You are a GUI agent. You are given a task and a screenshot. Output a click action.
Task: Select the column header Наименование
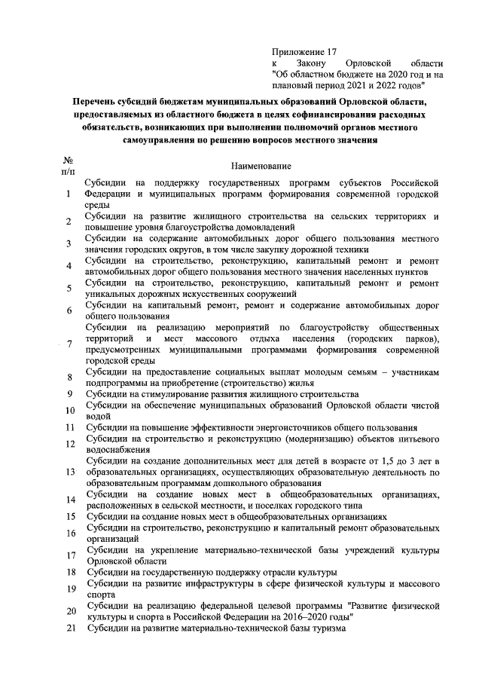262,165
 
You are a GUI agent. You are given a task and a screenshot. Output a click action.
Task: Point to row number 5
69,288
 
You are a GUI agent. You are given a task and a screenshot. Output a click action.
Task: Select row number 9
69,394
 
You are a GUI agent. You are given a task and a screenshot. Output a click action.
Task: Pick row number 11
69,428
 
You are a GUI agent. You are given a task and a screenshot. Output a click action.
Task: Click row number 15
69,517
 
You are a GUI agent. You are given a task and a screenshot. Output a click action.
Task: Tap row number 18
69,573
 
